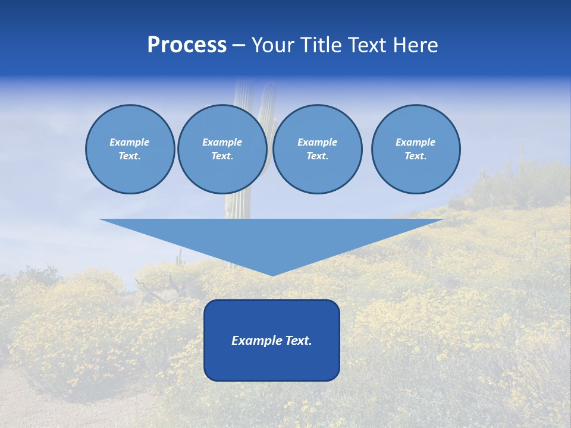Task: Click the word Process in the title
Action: (x=187, y=45)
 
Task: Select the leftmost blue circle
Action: (x=130, y=172)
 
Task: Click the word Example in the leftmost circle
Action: (x=129, y=142)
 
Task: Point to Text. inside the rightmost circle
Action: (x=415, y=156)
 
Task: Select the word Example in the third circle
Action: (x=317, y=142)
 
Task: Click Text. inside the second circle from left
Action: (x=222, y=156)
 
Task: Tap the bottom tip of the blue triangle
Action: (x=272, y=273)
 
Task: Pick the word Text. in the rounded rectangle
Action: (x=299, y=341)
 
